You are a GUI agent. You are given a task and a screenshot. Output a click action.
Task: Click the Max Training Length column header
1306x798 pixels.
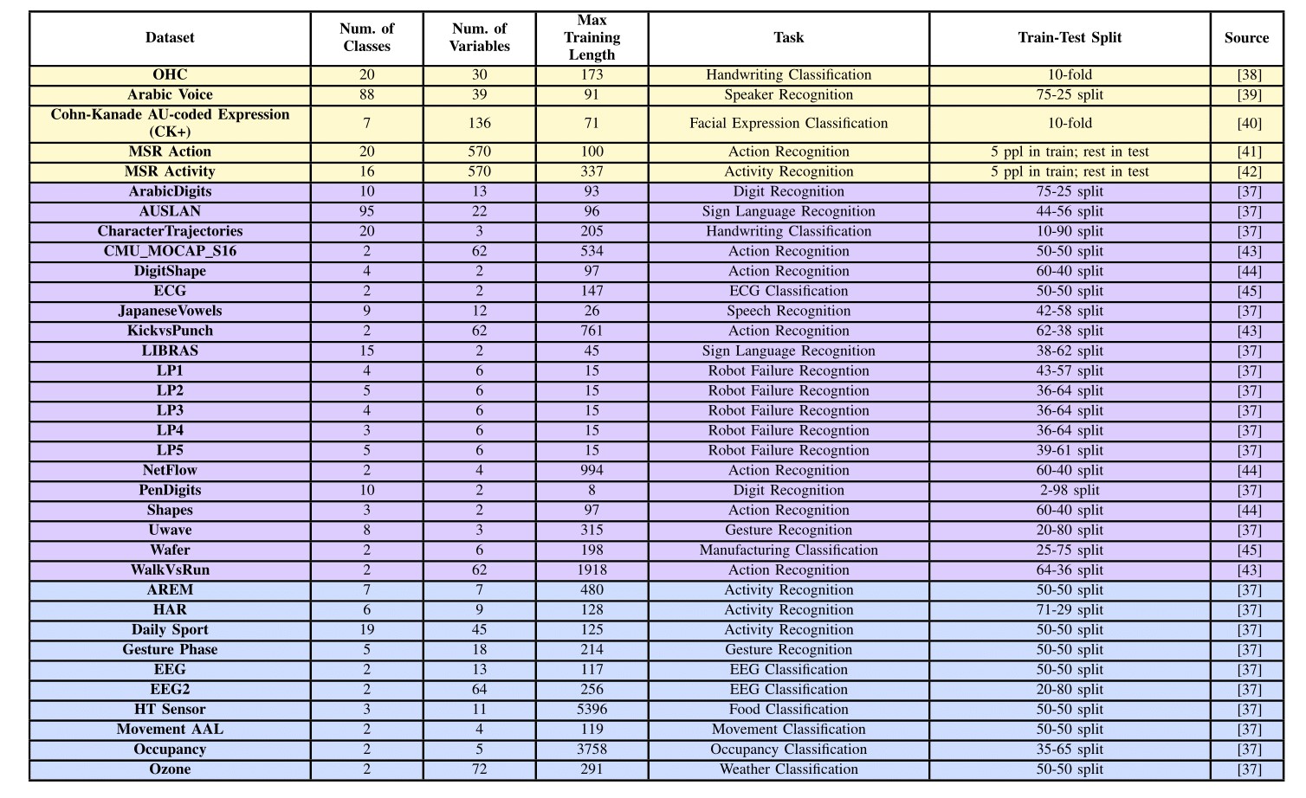(592, 38)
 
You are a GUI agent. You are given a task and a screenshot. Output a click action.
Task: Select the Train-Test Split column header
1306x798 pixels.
(1070, 38)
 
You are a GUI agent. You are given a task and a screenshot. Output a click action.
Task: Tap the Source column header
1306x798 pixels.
(1246, 38)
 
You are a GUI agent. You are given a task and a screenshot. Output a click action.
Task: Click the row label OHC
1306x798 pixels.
(170, 75)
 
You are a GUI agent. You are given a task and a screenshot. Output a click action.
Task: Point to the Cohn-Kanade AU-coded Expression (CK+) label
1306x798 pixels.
(170, 123)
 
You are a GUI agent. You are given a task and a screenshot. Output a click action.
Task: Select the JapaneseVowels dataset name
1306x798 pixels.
(170, 312)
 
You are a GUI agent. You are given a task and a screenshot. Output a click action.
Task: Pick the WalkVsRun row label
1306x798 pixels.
(170, 570)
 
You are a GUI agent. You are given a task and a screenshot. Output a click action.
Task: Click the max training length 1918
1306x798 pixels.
(592, 570)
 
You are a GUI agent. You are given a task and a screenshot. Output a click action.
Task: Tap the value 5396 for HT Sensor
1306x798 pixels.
(592, 710)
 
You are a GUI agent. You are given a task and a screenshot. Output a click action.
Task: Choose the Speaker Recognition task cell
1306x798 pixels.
(788, 95)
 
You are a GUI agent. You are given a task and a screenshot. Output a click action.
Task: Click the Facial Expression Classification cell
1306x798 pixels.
(788, 123)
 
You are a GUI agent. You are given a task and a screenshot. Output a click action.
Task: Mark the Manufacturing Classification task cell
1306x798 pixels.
(788, 550)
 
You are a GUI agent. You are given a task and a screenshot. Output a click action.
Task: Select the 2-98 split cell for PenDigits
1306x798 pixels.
(1070, 491)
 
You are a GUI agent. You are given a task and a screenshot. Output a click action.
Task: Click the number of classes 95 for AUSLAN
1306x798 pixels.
(366, 212)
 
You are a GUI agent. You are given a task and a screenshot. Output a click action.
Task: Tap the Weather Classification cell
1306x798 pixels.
(788, 769)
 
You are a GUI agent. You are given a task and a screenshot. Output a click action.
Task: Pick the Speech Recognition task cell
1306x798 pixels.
(788, 312)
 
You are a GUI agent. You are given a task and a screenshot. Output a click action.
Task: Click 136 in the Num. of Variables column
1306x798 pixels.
(479, 123)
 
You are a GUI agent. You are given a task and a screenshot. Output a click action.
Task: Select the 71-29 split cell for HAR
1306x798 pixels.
(1070, 610)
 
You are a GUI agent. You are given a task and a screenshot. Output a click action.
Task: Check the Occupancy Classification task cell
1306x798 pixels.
(788, 750)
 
